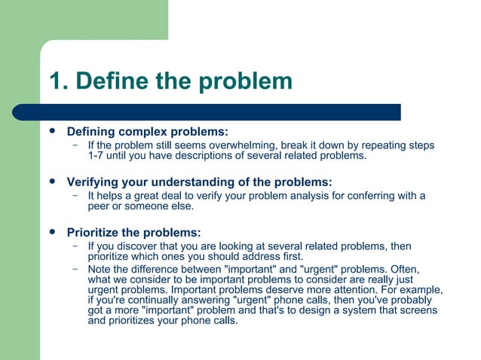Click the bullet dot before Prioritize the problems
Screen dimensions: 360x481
(x=51, y=231)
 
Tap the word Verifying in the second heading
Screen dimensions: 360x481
(x=95, y=182)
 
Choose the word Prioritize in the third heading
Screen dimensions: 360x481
(x=93, y=232)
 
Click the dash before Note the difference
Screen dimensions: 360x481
(x=75, y=268)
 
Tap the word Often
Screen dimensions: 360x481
(x=403, y=269)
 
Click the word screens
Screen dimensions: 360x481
(x=418, y=310)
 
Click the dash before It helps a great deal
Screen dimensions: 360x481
(x=75, y=196)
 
